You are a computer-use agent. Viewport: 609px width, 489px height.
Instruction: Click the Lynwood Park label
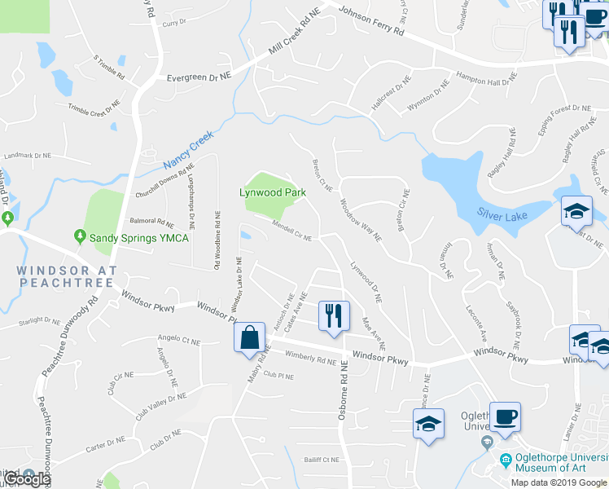click(x=272, y=193)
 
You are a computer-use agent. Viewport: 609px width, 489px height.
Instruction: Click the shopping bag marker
click(x=249, y=337)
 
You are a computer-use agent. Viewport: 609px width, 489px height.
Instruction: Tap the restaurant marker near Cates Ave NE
click(x=334, y=315)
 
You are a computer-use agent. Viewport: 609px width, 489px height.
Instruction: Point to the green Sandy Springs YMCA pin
click(x=80, y=237)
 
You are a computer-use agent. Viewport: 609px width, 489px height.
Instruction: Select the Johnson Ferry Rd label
click(x=371, y=23)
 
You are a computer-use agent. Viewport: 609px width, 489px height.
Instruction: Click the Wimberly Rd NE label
click(x=311, y=357)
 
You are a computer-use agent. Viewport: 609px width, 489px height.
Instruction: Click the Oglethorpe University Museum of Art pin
click(x=506, y=460)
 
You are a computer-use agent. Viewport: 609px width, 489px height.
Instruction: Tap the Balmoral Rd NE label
click(x=152, y=222)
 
